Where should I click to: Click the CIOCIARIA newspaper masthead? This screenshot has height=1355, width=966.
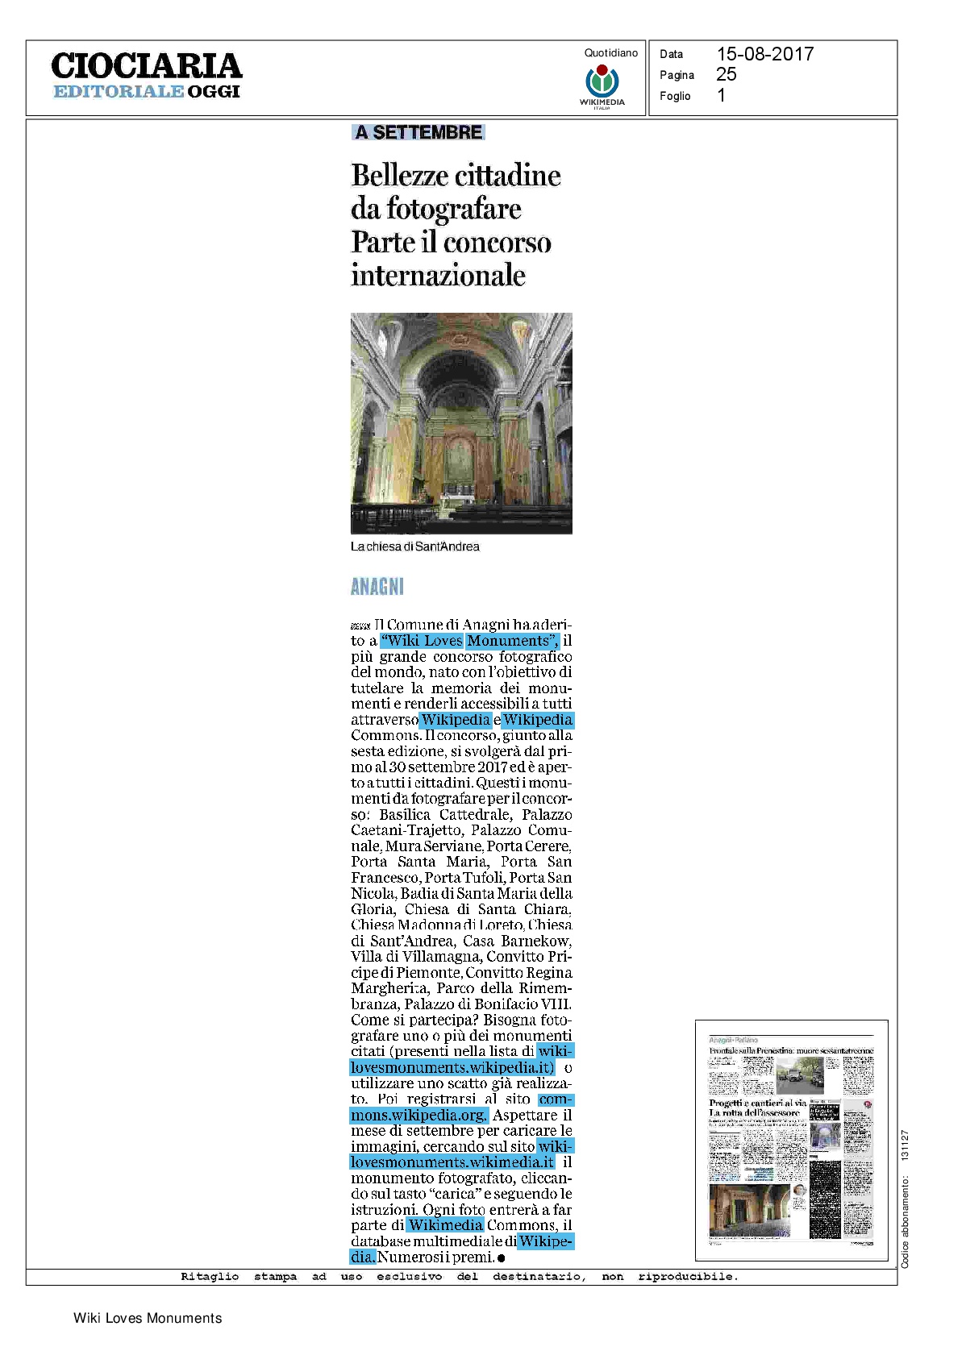(146, 66)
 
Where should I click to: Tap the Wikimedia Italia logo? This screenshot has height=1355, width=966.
(602, 84)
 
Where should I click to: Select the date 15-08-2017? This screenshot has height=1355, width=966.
(764, 54)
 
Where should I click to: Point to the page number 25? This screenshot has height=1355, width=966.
(726, 75)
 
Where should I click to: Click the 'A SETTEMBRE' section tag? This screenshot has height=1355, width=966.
(418, 132)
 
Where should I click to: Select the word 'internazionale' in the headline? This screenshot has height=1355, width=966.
(438, 276)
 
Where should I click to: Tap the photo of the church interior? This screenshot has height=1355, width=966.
(461, 423)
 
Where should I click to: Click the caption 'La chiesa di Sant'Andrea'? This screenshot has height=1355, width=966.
(414, 547)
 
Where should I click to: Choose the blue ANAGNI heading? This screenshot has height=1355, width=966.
(377, 587)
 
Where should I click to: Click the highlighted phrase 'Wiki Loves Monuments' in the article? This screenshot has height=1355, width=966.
(470, 641)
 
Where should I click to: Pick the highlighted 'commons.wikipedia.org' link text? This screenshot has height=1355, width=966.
(418, 1116)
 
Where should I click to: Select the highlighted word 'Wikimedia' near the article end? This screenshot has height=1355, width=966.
(445, 1225)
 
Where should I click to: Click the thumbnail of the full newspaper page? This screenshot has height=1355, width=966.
(791, 1140)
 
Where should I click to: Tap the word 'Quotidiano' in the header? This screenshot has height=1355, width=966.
(610, 53)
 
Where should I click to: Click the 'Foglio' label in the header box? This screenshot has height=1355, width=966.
(675, 96)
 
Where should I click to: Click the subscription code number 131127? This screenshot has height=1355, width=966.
(905, 1145)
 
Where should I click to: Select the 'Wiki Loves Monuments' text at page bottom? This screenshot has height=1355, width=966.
(148, 1318)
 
